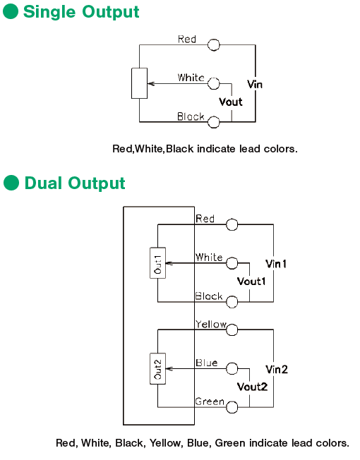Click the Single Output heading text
coord(81,13)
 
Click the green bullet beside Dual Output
coord(11,183)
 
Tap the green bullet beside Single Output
coord(11,11)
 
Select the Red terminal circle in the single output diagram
coord(213,45)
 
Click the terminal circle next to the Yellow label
coord(232,329)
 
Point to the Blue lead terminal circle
coord(232,368)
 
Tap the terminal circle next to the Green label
coord(232,407)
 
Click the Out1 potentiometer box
coord(157,263)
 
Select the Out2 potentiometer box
coord(157,368)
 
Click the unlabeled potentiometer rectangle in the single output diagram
coord(139,83)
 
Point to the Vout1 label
coord(251,282)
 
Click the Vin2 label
coord(277,370)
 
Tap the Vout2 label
coord(252,387)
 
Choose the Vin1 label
coord(276,264)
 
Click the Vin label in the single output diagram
coord(255,85)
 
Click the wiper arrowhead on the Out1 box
coord(168,263)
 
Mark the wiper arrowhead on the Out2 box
coord(168,368)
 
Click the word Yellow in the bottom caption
coord(165,442)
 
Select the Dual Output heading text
coord(75,184)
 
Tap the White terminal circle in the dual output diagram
coord(232,263)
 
